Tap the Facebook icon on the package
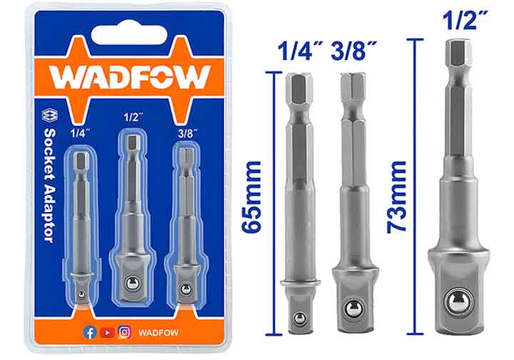[x=91, y=331]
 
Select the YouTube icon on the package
[x=107, y=331]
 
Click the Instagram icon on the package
[x=124, y=331]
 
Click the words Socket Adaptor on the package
[x=49, y=187]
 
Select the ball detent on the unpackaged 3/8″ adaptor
[x=352, y=309]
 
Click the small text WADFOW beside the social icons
[x=158, y=332]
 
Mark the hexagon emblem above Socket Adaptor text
[x=49, y=117]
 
